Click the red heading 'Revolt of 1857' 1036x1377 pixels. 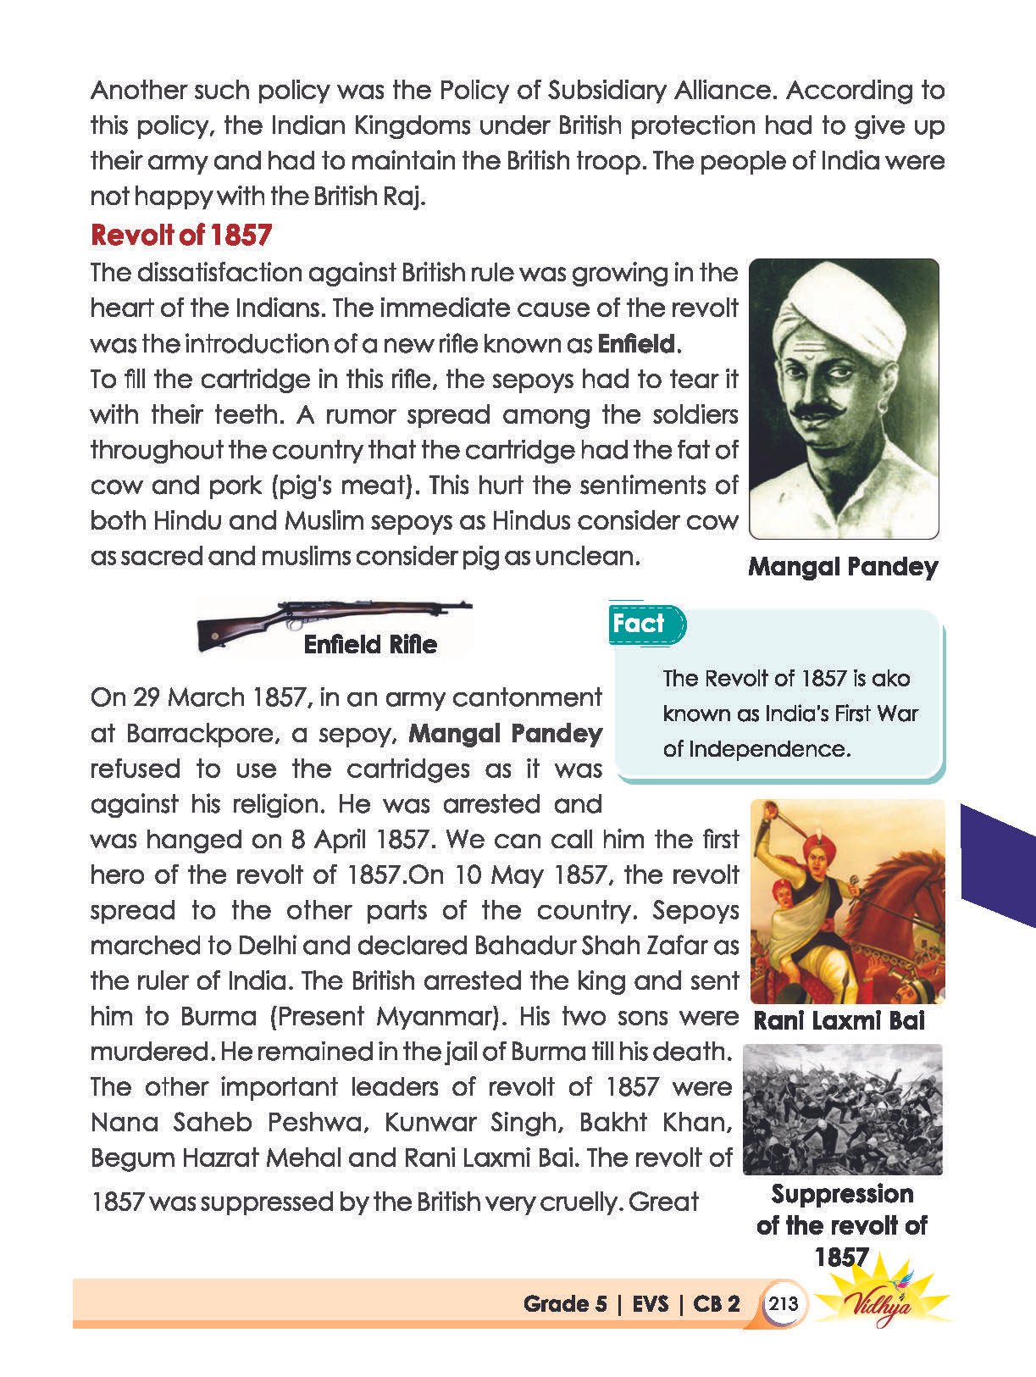click(x=180, y=235)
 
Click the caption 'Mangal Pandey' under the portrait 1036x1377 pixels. click(x=843, y=567)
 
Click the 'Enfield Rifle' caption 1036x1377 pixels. click(x=370, y=645)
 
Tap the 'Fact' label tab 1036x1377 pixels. click(x=640, y=624)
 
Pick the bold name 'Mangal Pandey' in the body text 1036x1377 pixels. click(x=505, y=733)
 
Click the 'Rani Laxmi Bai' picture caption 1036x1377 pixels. click(x=839, y=1020)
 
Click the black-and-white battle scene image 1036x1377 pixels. click(x=842, y=1109)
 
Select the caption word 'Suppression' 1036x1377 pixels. click(x=842, y=1194)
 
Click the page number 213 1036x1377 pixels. click(x=783, y=1303)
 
